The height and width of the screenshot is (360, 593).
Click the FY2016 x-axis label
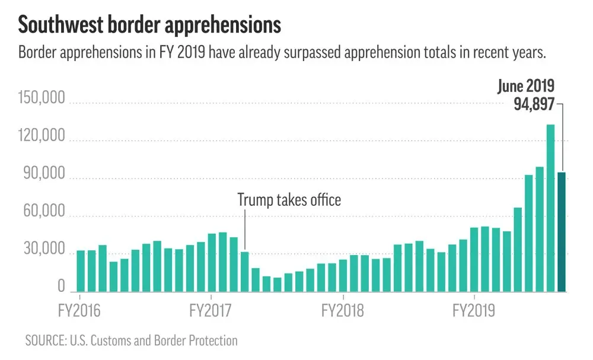(x=79, y=310)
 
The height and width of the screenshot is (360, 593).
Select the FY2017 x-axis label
(x=211, y=310)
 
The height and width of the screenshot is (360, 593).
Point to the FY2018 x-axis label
(x=343, y=310)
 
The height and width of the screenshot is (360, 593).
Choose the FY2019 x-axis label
(x=474, y=310)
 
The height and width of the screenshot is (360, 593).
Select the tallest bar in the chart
(x=550, y=208)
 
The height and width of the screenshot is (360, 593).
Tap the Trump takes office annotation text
(x=289, y=200)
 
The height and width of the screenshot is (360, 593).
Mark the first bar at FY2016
(x=81, y=271)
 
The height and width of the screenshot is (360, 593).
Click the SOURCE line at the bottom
(x=131, y=341)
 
